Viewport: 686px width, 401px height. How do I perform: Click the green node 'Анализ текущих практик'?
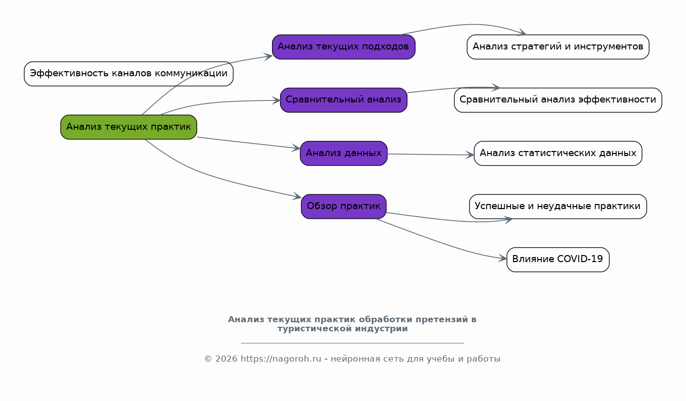[128, 127]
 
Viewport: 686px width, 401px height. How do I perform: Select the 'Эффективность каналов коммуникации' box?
[128, 74]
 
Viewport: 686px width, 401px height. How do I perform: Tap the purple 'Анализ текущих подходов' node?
[343, 47]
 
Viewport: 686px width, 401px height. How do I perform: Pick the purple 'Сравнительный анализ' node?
[343, 100]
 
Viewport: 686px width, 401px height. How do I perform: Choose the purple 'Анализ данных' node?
[343, 154]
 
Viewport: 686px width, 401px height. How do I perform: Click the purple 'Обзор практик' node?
[343, 207]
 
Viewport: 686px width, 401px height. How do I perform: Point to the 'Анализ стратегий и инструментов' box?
[558, 47]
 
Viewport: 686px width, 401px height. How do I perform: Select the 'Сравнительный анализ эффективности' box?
[558, 100]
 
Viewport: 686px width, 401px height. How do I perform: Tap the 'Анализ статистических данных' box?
[558, 154]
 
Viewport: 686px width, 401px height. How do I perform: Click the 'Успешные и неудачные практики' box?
[558, 207]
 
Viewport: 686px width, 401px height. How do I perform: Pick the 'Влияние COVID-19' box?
[558, 260]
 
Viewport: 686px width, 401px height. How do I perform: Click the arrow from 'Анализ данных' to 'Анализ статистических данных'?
[430, 155]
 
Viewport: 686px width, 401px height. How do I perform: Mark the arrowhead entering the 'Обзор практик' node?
[297, 197]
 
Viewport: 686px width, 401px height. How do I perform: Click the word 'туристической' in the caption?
[309, 329]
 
